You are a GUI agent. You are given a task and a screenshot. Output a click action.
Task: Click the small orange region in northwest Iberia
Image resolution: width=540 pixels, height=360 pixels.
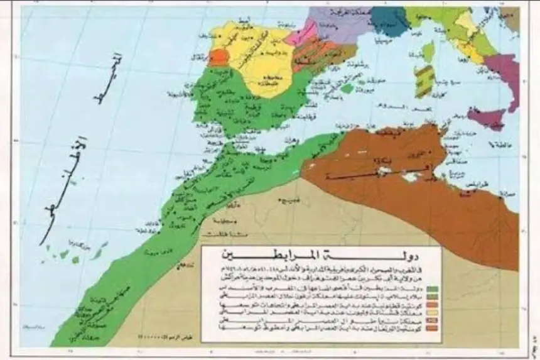click(218, 58)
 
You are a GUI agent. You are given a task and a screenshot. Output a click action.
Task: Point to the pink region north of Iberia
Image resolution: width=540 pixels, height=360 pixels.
click(301, 32)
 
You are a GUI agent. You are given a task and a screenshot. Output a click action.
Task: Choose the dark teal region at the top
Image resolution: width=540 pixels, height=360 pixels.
click(390, 21)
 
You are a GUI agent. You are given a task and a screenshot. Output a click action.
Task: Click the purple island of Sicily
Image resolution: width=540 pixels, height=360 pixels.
click(486, 116)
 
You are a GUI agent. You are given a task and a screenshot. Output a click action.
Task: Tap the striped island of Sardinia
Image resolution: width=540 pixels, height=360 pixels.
click(425, 81)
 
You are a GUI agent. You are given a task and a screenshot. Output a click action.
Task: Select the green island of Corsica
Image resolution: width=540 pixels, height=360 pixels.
click(429, 52)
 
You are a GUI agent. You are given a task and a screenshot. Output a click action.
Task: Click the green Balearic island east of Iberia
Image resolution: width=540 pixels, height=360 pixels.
click(347, 89)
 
